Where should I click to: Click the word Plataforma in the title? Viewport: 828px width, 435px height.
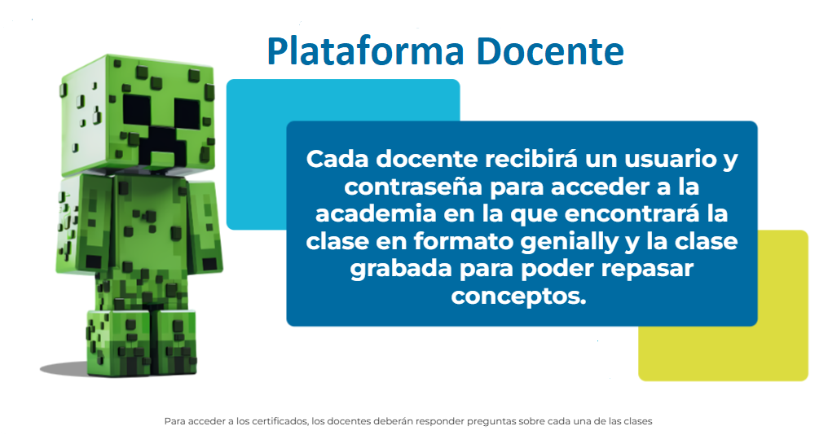click(365, 52)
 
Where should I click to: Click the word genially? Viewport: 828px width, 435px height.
click(569, 242)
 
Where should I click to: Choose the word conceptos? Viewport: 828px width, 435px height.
click(518, 297)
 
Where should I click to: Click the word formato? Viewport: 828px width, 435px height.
click(462, 241)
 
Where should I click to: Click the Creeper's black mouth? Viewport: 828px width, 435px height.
click(161, 142)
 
